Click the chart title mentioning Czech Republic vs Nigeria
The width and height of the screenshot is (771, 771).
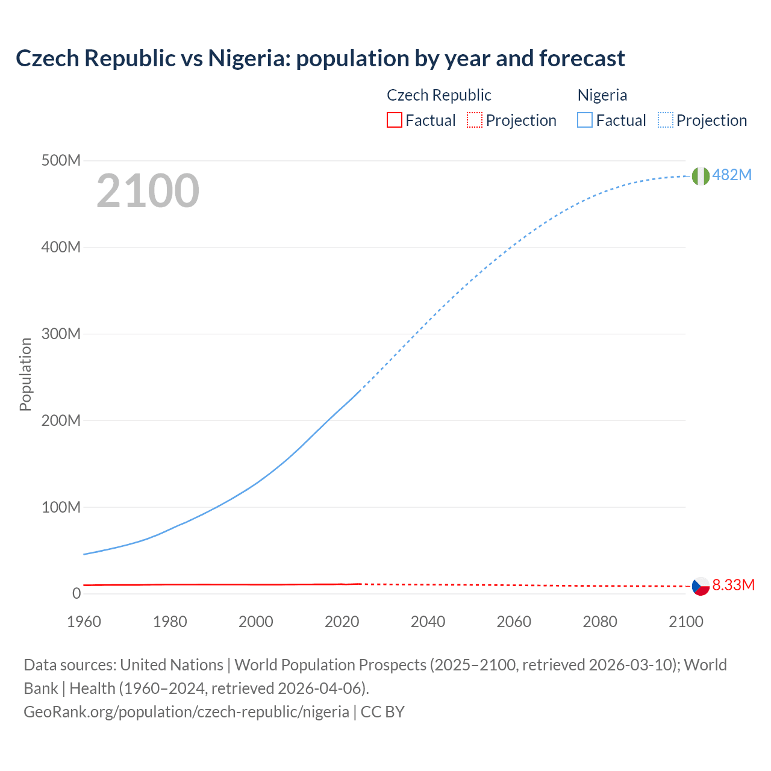(320, 58)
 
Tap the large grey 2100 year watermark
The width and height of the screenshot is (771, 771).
(148, 191)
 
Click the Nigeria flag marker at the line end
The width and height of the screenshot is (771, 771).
(701, 176)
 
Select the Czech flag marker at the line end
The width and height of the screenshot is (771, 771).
(701, 586)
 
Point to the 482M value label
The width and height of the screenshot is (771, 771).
(732, 175)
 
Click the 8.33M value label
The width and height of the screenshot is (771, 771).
(733, 585)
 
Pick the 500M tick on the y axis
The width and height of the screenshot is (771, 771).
(61, 161)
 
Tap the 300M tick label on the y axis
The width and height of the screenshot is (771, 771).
(61, 334)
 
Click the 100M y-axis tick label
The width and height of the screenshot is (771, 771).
(61, 507)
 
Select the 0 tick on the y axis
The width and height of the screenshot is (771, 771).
(76, 593)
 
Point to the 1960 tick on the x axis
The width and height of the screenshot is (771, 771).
(84, 622)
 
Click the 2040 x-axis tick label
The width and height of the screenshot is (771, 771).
(428, 622)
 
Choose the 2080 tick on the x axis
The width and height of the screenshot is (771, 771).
(600, 622)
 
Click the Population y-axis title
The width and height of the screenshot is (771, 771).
(25, 374)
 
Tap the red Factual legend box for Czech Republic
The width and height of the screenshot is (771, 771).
(395, 120)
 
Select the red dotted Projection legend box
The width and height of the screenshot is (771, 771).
(475, 120)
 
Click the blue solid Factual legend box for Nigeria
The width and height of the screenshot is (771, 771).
(585, 120)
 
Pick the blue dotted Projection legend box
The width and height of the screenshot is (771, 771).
(665, 120)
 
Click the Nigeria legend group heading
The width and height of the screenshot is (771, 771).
(602, 95)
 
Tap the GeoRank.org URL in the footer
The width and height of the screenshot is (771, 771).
(186, 711)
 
